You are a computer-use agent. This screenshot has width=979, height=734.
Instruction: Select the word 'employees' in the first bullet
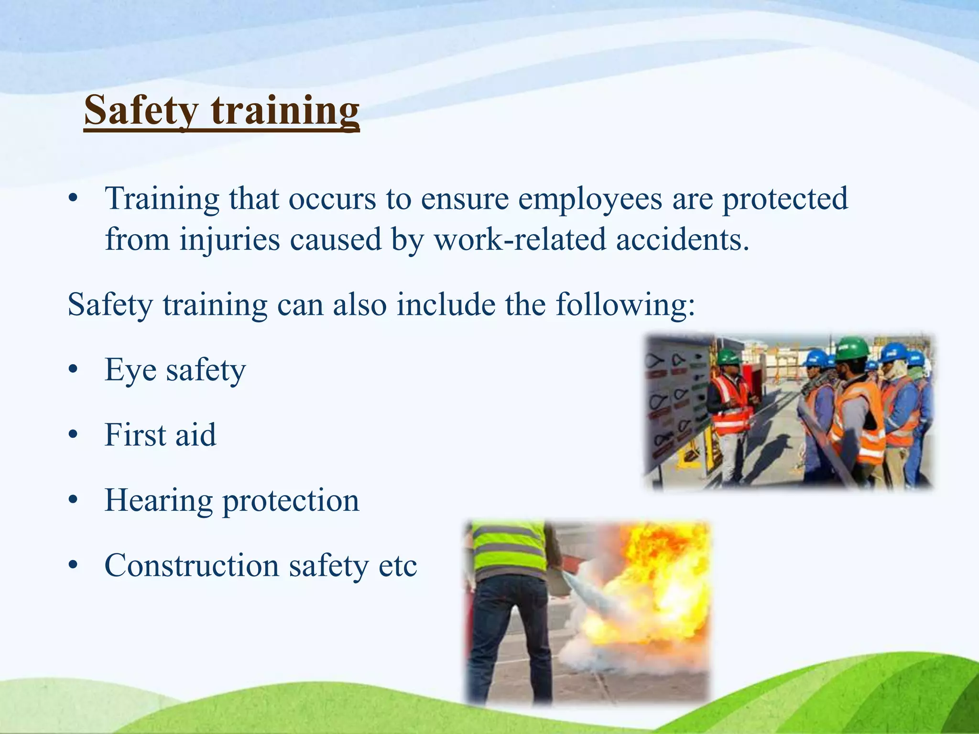click(590, 199)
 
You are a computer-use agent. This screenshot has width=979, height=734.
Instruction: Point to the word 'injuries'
click(229, 239)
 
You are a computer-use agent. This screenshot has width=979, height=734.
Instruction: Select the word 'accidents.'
click(682, 239)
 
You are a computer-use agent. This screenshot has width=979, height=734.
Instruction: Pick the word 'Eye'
click(130, 370)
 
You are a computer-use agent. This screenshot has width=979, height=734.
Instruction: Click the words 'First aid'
click(160, 435)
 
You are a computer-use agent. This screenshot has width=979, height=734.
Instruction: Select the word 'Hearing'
click(158, 501)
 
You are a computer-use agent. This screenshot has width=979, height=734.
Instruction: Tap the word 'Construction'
click(192, 565)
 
